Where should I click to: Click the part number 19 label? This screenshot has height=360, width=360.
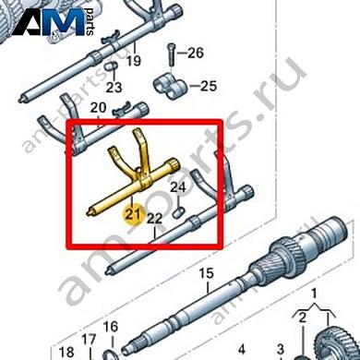point(134,61)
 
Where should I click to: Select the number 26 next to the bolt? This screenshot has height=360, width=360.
point(196,53)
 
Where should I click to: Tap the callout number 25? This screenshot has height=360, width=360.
point(209,86)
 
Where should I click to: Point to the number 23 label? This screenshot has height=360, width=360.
point(114,88)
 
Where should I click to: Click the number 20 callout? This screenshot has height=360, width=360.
point(98,108)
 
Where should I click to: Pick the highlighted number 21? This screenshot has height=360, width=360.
point(132,214)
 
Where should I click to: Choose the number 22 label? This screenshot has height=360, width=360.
point(154,219)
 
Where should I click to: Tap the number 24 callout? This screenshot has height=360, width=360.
point(178,187)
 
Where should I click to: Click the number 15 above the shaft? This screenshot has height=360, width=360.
point(206,273)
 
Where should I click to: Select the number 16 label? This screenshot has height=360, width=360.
point(111,327)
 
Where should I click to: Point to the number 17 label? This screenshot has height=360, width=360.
point(89,340)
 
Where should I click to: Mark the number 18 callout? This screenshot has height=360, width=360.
point(66,352)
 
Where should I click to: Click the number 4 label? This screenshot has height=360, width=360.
point(242,350)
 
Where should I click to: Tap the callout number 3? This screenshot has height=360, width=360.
point(281,350)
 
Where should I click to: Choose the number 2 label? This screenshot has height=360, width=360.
point(303,318)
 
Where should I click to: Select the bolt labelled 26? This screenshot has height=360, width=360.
point(171,55)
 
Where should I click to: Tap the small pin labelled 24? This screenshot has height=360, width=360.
point(178,212)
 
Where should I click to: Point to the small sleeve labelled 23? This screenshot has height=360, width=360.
point(111,66)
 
